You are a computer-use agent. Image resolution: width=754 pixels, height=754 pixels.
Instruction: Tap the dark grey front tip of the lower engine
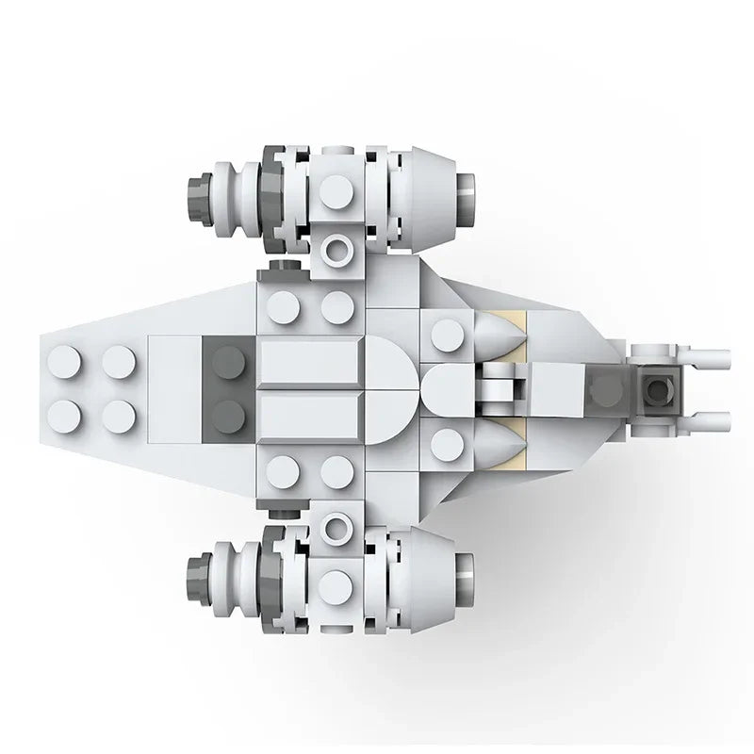(x=200, y=567)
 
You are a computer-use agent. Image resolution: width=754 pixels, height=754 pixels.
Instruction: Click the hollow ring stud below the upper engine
(x=337, y=251)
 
